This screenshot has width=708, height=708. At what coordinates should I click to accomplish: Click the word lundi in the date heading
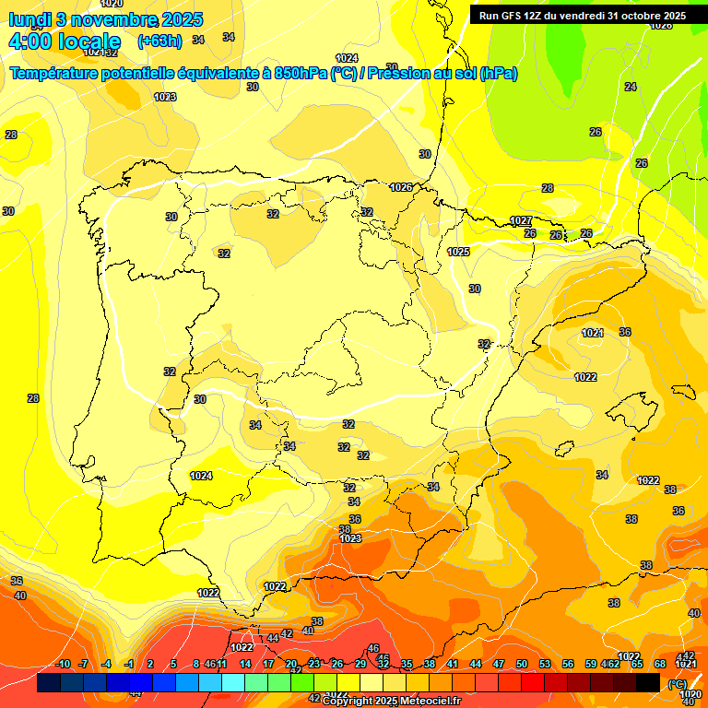(x=29, y=19)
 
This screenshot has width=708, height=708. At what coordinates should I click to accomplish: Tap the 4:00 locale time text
(x=65, y=41)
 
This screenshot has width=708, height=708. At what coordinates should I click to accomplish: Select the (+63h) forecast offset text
(x=159, y=41)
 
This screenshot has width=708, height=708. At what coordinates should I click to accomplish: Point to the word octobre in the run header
(x=639, y=16)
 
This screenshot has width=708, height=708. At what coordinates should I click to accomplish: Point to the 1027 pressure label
(x=521, y=221)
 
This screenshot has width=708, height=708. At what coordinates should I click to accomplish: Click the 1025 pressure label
(x=458, y=252)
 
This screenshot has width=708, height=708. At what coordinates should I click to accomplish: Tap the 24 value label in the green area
(x=631, y=87)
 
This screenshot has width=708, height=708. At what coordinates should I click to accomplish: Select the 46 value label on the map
(x=373, y=649)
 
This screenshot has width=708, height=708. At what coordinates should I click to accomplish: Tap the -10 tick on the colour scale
(x=63, y=664)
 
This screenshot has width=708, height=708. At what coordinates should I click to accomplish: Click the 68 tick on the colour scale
(x=660, y=664)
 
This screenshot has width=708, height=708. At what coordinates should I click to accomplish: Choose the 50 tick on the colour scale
(x=522, y=664)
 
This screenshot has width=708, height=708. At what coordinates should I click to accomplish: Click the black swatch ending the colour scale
(x=648, y=682)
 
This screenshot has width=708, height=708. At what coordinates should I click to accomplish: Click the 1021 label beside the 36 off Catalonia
(x=593, y=333)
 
